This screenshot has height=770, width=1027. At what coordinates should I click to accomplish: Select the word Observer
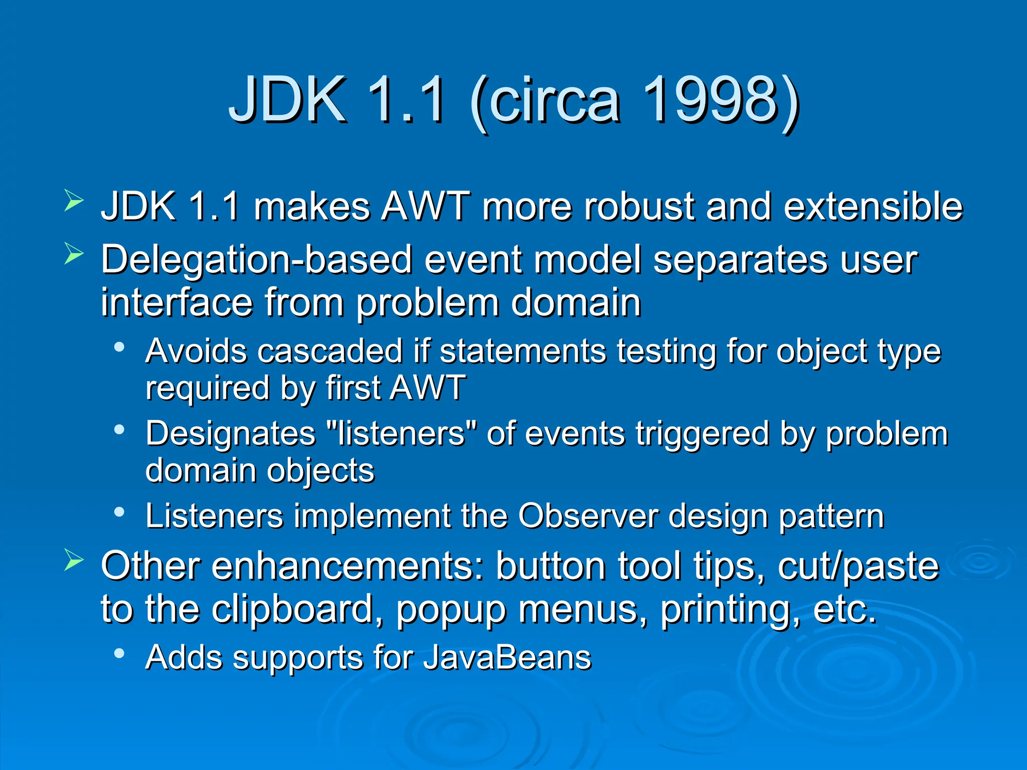pos(588,516)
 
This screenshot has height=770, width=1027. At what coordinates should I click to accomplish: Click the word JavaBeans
pos(507,658)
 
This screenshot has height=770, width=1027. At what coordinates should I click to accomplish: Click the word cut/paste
pos(858,566)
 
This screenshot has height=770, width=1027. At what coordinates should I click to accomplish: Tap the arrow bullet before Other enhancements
pos(74,560)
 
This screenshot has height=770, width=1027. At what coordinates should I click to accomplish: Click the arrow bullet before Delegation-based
pos(74,254)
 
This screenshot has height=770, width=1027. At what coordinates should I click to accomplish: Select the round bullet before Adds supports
pos(119,653)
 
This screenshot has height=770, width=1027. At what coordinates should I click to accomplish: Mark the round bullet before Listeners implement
pos(119,512)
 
